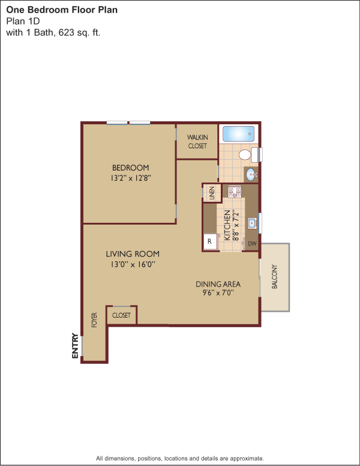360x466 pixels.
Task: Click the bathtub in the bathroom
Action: click(239, 134)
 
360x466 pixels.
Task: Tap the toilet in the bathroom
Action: click(248, 154)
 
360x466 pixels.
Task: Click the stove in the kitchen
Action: click(235, 192)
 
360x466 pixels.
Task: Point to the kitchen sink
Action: click(253, 223)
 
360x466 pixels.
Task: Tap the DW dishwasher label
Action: click(252, 244)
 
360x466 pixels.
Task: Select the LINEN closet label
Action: click(212, 193)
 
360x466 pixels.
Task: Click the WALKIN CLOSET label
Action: click(197, 142)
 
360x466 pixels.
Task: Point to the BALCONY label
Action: click(274, 277)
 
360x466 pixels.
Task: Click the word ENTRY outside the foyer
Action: click(75, 346)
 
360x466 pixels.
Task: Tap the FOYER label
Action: click(94, 320)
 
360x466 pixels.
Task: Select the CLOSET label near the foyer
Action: click(121, 315)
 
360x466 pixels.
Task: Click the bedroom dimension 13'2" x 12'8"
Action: click(131, 178)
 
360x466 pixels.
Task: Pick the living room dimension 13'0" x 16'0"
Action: click(133, 264)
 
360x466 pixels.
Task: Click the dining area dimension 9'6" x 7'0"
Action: click(218, 292)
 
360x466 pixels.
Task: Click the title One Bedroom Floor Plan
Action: click(62, 10)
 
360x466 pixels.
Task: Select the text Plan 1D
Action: click(23, 21)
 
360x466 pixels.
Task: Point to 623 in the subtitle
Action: click(66, 32)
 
